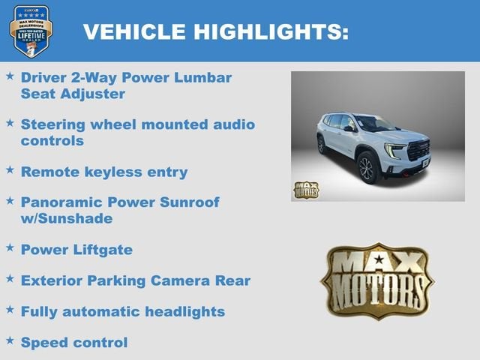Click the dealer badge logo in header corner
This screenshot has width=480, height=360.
coord(31,31)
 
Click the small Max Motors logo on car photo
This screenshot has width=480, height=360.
coord(305,190)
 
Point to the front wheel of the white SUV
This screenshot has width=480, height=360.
coord(367,168)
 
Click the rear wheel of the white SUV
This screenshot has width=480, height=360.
coord(322,145)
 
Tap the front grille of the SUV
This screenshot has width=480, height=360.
coord(418,150)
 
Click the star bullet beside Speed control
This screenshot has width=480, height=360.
coord(10,340)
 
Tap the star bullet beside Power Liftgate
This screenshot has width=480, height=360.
coord(10,247)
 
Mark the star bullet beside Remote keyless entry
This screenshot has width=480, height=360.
coord(10,169)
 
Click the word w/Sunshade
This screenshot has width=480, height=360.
coord(67,218)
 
